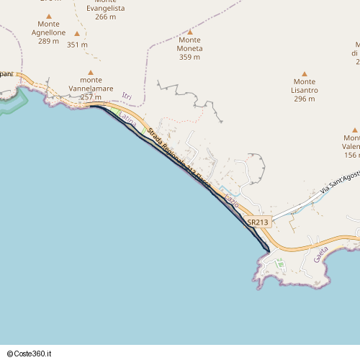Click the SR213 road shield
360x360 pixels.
(x=258, y=222)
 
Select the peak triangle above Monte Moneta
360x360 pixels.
(x=190, y=32)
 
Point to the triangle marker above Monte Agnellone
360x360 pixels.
(x=49, y=16)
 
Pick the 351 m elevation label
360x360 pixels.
(x=77, y=45)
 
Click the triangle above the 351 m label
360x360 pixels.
(x=77, y=33)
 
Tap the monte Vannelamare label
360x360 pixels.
(x=91, y=89)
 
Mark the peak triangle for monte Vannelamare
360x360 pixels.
(x=91, y=73)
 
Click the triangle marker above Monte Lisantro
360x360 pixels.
(x=305, y=73)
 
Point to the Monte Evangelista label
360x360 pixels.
(x=105, y=8)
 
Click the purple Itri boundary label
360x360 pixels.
(x=127, y=96)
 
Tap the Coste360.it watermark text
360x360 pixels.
(x=34, y=354)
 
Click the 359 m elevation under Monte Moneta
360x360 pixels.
(x=190, y=57)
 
